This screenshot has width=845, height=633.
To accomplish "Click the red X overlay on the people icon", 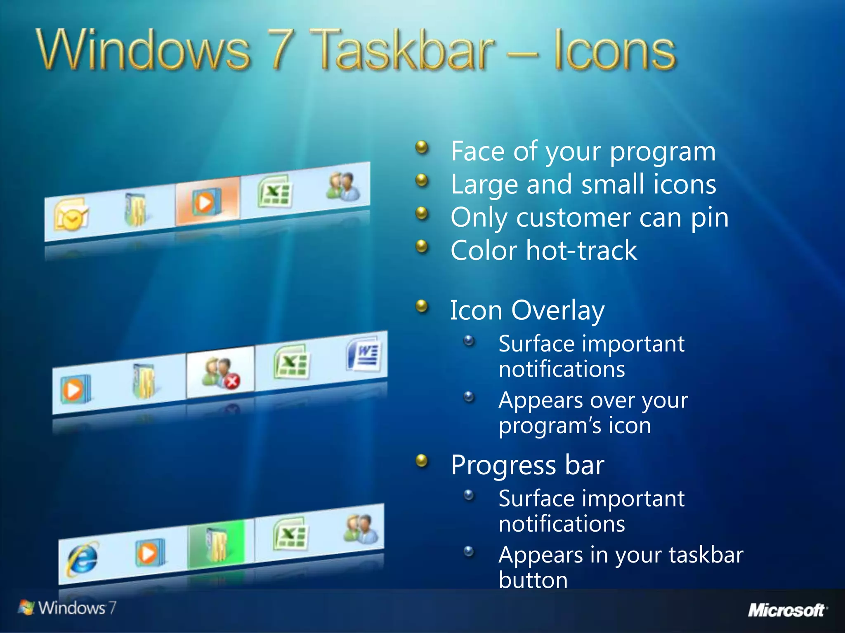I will point(232,381).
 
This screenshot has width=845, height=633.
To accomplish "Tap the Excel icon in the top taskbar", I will point(274,192).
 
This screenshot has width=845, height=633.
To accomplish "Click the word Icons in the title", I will point(615,52).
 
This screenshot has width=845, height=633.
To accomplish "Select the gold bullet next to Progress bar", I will point(421,461).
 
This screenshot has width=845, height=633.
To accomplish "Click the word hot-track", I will point(582,251).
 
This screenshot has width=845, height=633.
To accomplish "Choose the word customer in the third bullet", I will point(574,218).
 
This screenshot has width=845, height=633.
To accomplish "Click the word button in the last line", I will point(533,580).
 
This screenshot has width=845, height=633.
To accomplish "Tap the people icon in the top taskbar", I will point(344,186).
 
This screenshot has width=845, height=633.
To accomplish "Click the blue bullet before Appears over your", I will point(469,397).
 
